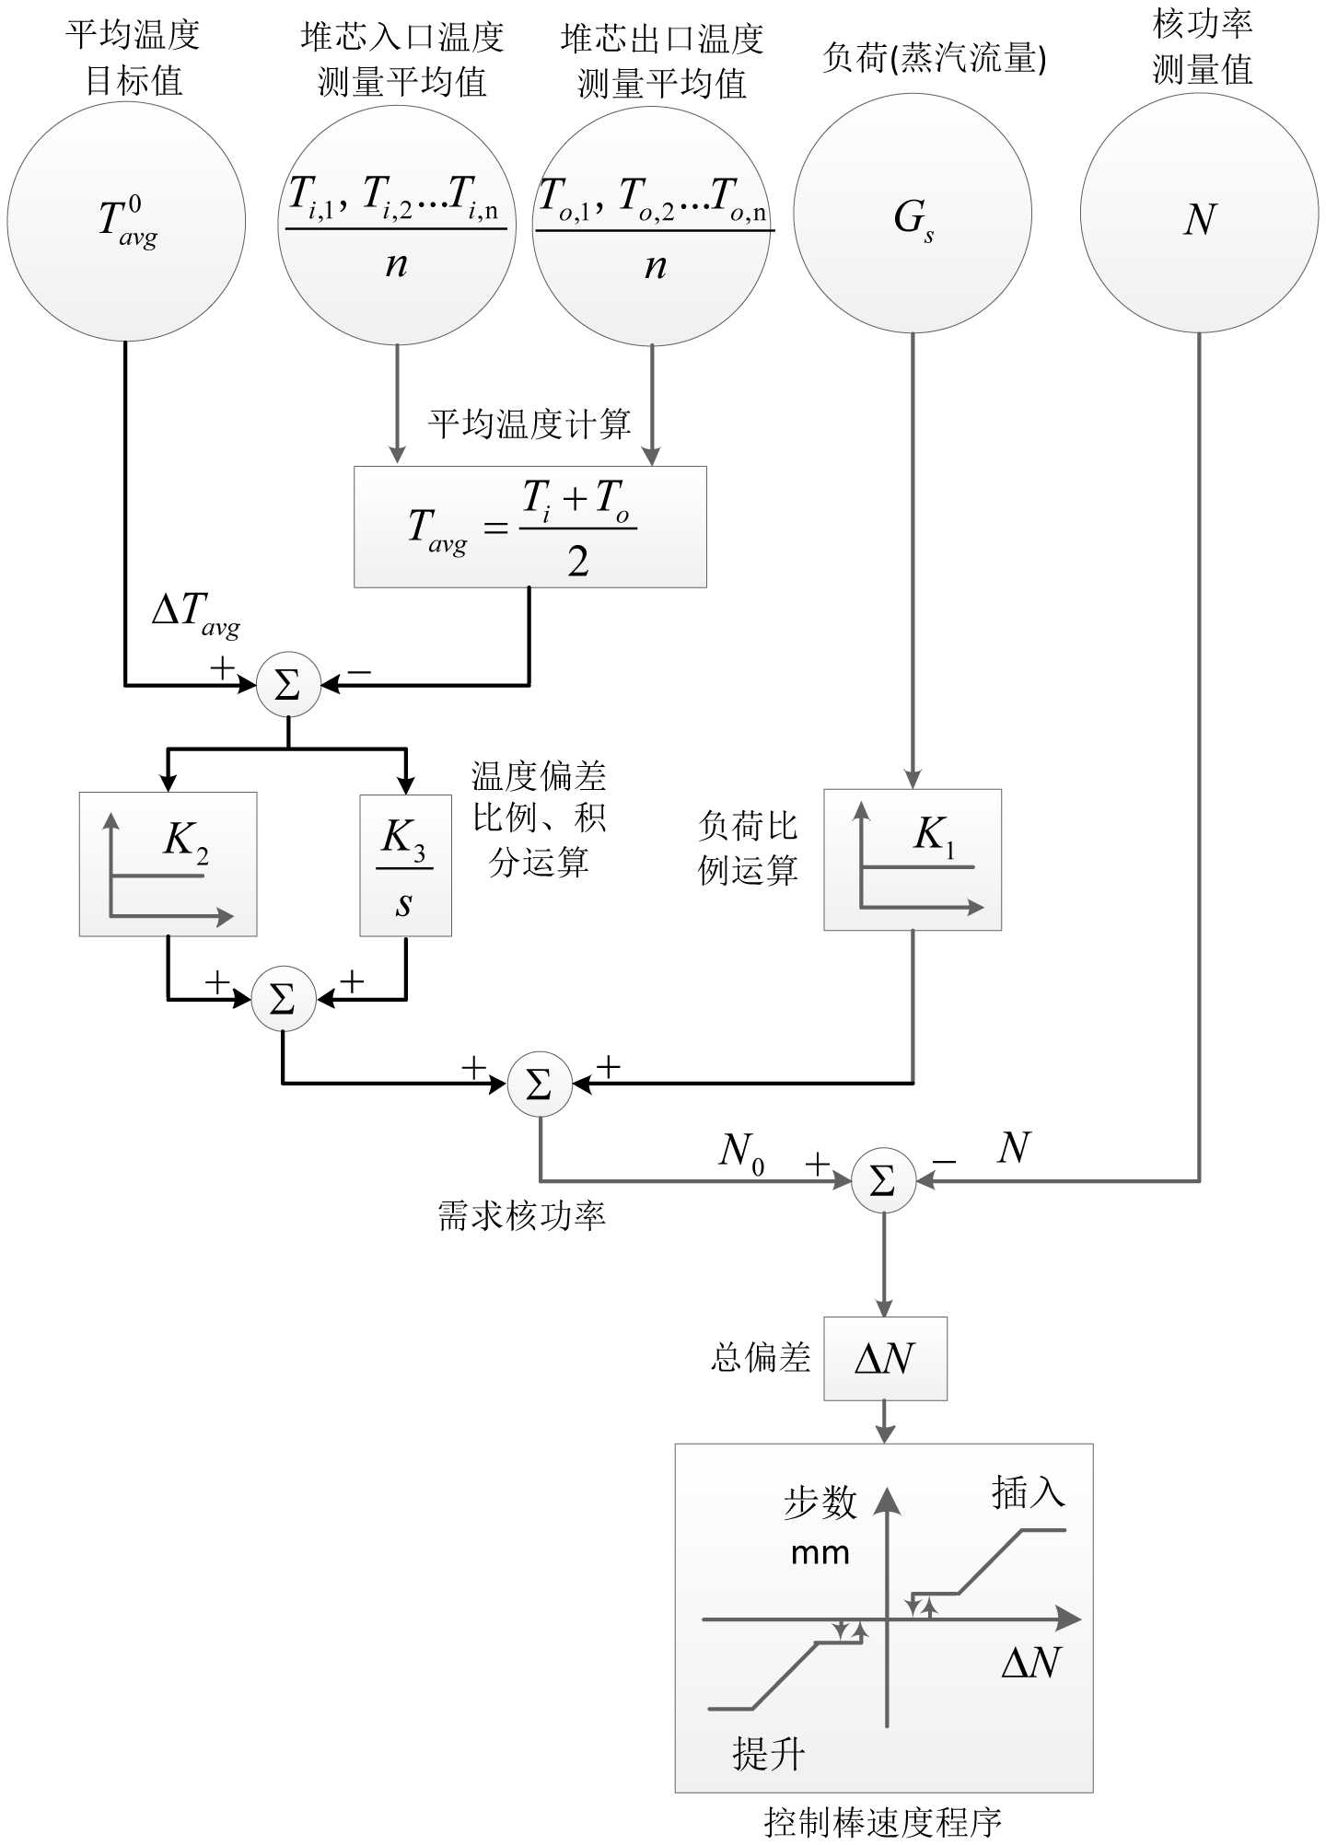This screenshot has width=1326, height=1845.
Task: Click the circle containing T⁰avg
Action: [x=126, y=222]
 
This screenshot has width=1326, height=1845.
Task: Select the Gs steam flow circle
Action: [x=912, y=214]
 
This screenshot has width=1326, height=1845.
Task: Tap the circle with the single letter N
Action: [x=1199, y=214]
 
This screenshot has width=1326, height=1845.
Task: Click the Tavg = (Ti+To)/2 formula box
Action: [x=529, y=527]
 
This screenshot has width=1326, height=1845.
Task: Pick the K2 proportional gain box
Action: [x=168, y=864]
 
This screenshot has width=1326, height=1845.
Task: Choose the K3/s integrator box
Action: [x=405, y=865]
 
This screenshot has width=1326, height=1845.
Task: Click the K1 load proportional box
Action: [x=912, y=860]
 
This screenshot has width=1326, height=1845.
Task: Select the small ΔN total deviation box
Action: [x=885, y=1358]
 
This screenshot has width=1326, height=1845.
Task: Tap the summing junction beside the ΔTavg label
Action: [x=288, y=685]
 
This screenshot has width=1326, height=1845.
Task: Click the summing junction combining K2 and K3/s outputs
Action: [x=284, y=999]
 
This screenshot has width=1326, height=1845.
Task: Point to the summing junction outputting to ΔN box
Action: [x=883, y=1180]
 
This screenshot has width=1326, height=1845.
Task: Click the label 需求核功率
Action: [x=521, y=1216]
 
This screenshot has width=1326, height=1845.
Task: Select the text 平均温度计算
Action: [x=529, y=424]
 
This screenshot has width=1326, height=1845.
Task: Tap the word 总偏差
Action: [x=761, y=1358]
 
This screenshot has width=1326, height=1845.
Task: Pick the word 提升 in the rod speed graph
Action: [x=768, y=1754]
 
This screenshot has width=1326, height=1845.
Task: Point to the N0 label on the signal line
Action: [x=742, y=1151]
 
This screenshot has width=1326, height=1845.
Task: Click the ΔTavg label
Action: [x=195, y=611]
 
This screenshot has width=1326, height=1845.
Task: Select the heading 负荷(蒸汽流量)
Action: [x=934, y=58]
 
